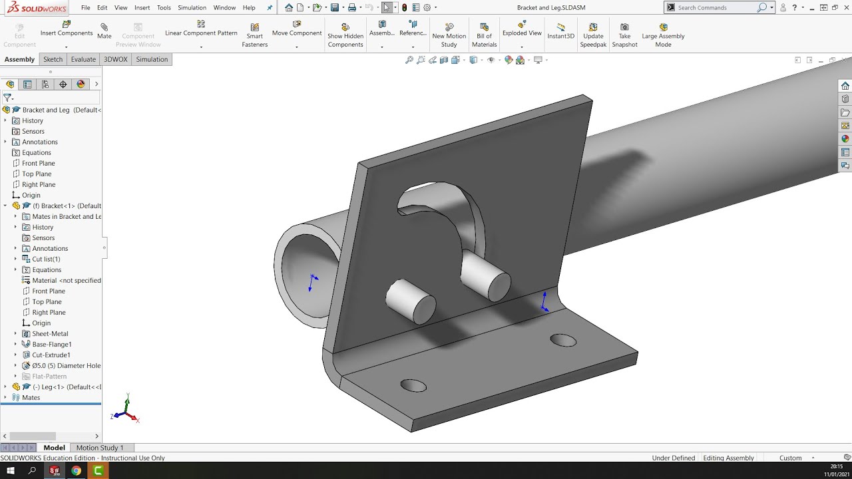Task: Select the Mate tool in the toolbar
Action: pos(105,31)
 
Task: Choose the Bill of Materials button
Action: pos(484,35)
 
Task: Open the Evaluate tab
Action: pos(83,59)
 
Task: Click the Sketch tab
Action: pos(53,59)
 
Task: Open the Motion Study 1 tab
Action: pos(100,448)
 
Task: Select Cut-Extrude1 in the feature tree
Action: pos(51,355)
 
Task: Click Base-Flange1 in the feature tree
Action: pos(52,344)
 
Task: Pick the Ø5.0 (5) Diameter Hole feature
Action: pos(66,365)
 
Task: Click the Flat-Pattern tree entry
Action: pos(49,376)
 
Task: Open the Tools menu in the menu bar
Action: pos(164,8)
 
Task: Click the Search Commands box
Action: pos(716,8)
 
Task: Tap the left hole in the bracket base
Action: pos(413,386)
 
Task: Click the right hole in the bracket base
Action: pos(563,341)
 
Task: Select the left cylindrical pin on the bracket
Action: pos(410,301)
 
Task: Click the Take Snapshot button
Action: pos(624,35)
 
